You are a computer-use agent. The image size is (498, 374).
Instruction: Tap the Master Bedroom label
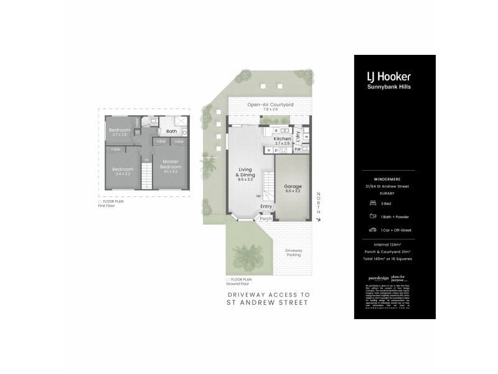(171, 165)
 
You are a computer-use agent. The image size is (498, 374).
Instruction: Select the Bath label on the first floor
(171, 132)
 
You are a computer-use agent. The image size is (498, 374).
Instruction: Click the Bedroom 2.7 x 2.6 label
(120, 132)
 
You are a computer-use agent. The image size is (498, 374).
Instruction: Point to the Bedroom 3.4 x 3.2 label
(123, 171)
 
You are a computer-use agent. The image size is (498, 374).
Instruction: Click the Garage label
(293, 188)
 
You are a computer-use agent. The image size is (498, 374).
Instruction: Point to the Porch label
(266, 218)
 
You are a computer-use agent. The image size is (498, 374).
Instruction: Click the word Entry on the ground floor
(266, 206)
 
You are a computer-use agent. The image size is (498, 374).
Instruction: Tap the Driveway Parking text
(293, 252)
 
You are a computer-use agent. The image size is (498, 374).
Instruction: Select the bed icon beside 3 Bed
(372, 203)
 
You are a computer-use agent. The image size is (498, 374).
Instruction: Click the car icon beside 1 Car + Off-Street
(372, 229)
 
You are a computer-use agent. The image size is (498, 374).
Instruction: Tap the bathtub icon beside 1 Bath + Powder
(372, 216)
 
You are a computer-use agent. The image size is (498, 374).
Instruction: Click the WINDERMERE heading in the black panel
(395, 178)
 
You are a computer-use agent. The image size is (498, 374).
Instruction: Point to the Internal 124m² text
(395, 245)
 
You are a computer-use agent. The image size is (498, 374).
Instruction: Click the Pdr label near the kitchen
(298, 149)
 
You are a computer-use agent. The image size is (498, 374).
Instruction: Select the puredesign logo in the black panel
(378, 277)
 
